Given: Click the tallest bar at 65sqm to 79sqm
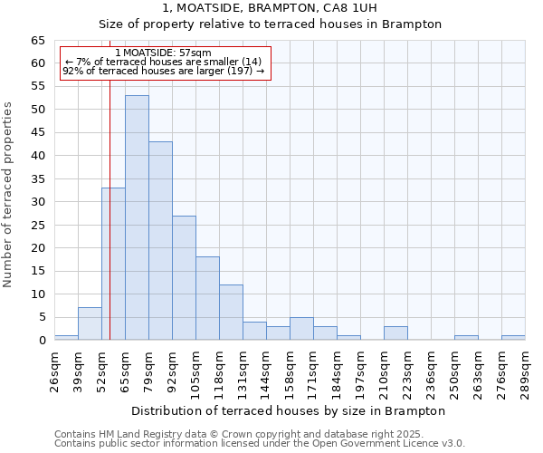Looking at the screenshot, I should pos(137,217).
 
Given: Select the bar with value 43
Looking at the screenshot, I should pos(160,240).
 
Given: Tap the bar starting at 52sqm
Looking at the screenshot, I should pos(113,264).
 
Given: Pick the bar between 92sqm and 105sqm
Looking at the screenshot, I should pos(184,277).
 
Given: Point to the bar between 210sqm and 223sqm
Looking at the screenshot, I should pos(395,333).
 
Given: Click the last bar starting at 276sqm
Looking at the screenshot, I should pos(513,337).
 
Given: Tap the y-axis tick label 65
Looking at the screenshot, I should pos(37,41).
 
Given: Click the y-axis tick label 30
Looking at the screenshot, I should pos(37,202).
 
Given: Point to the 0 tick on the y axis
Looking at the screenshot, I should pos(41,341).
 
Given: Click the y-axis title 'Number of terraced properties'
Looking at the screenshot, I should pos(9,195).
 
